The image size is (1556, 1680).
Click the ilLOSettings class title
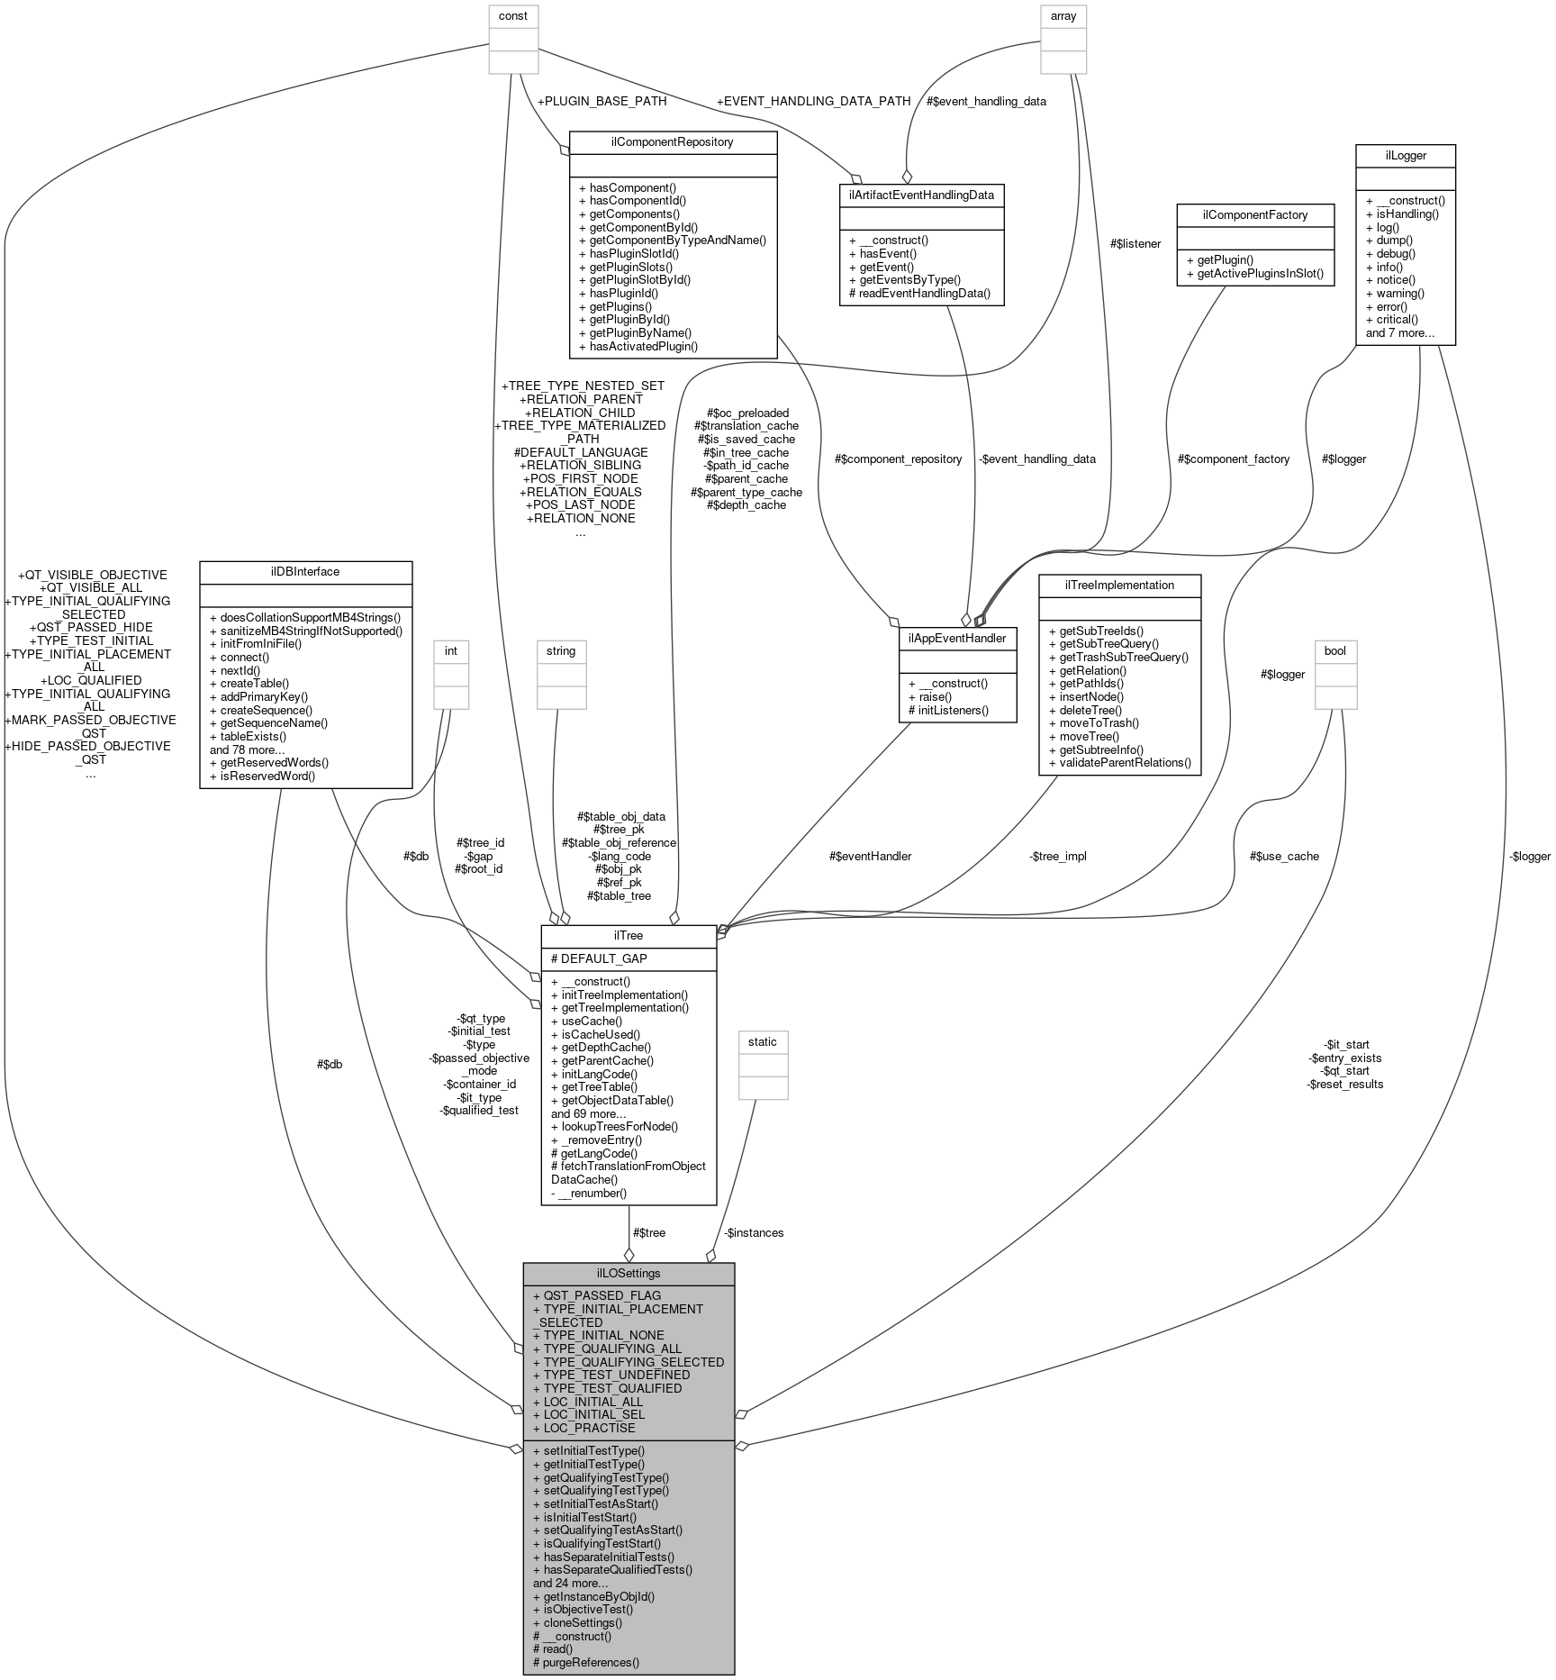(x=629, y=1273)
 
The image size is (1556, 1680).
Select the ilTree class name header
(x=628, y=936)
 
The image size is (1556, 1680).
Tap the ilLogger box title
(x=1405, y=156)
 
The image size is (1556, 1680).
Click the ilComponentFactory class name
(x=1242, y=214)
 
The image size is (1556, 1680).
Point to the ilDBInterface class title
(x=305, y=572)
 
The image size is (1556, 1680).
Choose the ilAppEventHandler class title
(x=957, y=638)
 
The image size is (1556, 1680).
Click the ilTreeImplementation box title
(x=1119, y=586)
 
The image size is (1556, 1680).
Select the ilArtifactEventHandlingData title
(x=921, y=195)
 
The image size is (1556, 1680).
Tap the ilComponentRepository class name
(x=673, y=142)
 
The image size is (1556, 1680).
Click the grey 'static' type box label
(x=763, y=1041)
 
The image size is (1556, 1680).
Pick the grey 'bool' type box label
(x=1335, y=650)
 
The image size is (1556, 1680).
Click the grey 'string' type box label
(x=561, y=650)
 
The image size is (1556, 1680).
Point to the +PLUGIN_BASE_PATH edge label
(x=602, y=101)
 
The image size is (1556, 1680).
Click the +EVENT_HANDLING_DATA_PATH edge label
(x=813, y=101)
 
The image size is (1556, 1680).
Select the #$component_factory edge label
(x=1233, y=459)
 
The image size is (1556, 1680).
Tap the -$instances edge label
(x=754, y=1232)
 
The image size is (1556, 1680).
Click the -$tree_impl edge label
(x=1057, y=856)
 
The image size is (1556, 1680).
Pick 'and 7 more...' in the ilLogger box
(x=1399, y=332)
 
